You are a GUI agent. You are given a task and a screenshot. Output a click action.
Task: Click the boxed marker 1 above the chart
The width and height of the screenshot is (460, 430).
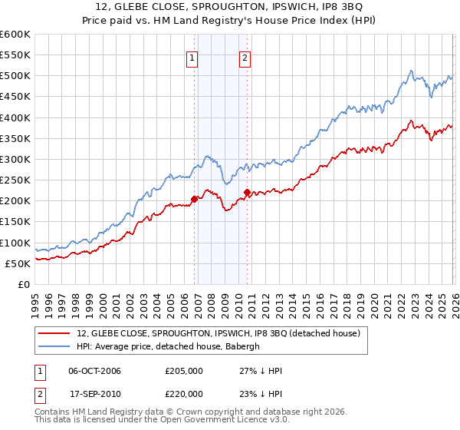191,57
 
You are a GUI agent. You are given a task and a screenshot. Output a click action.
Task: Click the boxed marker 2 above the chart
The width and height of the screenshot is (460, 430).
245,57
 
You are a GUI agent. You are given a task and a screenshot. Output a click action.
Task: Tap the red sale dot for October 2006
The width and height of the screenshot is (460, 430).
194,199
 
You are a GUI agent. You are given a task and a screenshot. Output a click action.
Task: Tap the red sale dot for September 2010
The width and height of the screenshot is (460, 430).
247,193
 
